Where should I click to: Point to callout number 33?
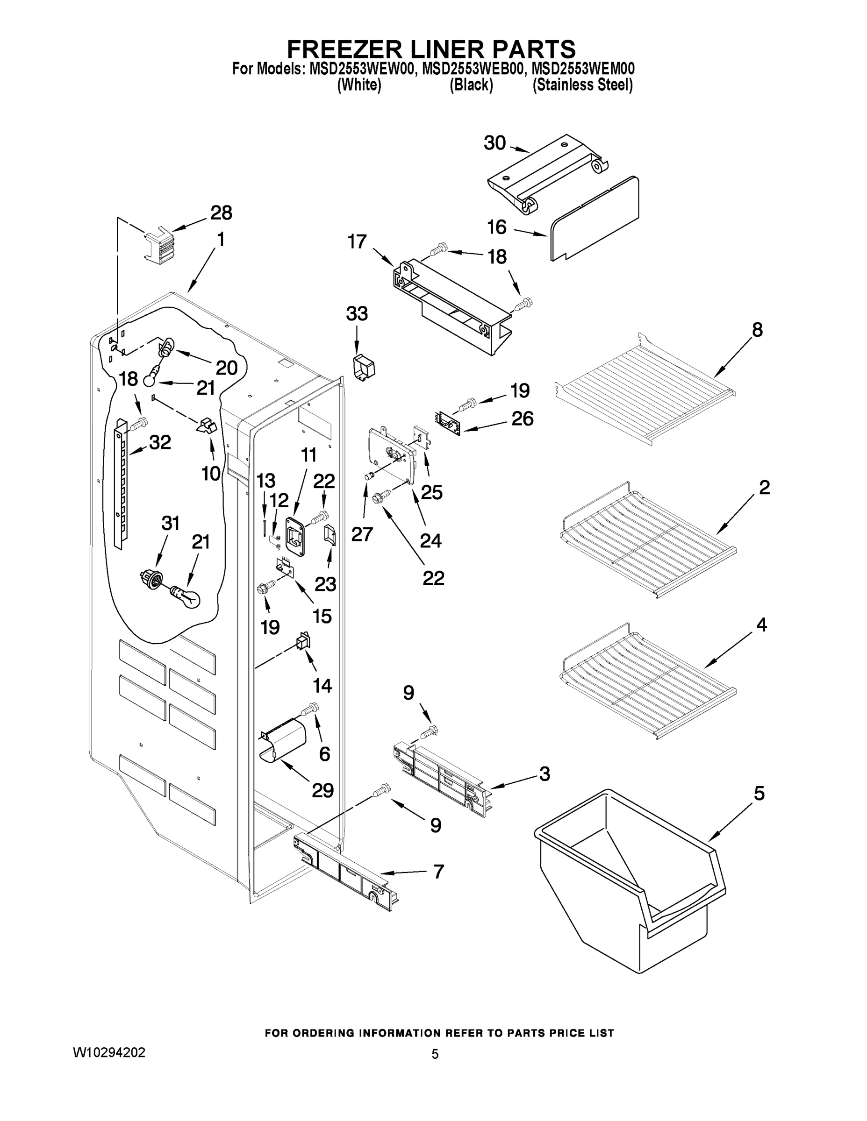point(357,313)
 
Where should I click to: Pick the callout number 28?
point(222,213)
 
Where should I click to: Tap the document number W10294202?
point(109,1052)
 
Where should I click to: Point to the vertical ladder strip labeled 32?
point(121,482)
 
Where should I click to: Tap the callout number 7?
point(438,872)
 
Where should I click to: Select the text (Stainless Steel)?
point(582,85)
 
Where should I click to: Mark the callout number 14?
point(322,685)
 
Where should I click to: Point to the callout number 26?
point(523,419)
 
